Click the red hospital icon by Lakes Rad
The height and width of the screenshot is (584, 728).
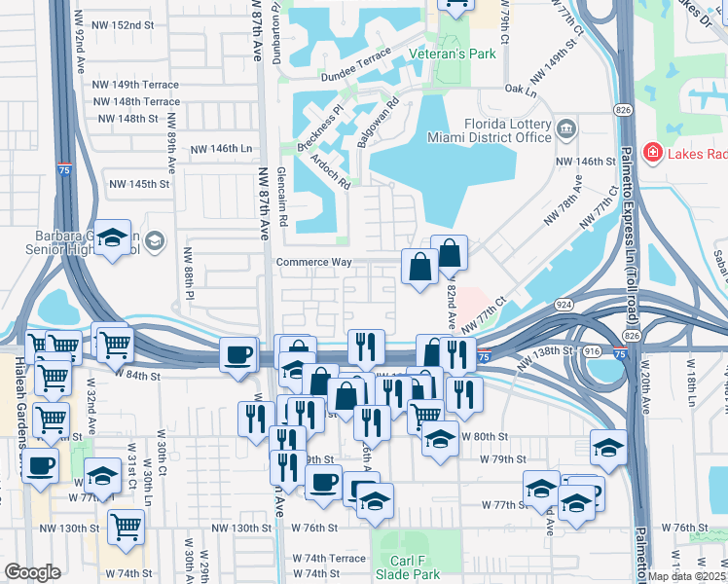pyautogui.click(x=651, y=154)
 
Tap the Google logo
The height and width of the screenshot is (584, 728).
pyautogui.click(x=32, y=572)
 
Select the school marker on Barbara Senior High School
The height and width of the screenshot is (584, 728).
pyautogui.click(x=114, y=237)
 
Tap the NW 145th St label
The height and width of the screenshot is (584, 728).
pyautogui.click(x=139, y=184)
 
